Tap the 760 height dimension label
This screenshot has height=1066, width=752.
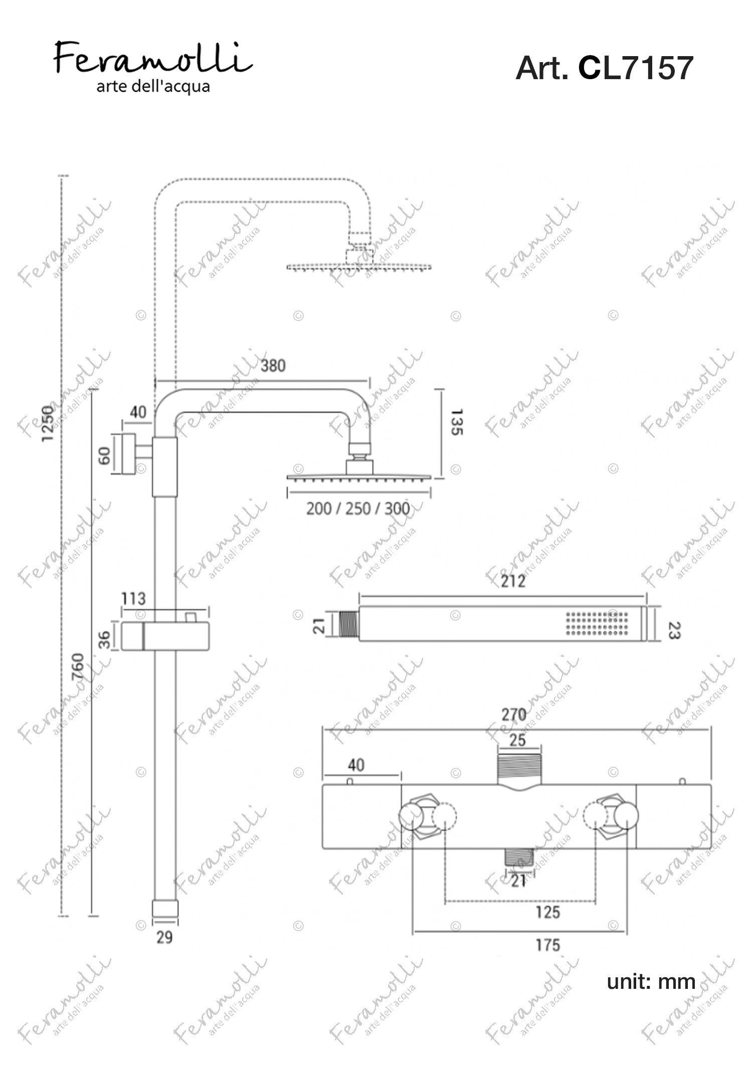(x=77, y=665)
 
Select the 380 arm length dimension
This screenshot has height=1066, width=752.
(x=273, y=365)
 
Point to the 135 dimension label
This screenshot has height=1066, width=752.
(x=457, y=422)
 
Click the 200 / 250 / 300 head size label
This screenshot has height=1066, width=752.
(x=358, y=508)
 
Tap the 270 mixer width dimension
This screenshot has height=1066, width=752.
(x=514, y=715)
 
